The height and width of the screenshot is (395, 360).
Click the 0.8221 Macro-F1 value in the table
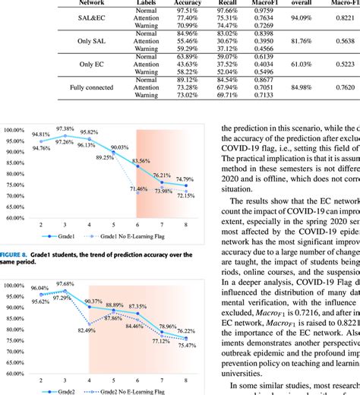point(345,18)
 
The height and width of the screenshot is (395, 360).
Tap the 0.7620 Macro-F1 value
point(345,88)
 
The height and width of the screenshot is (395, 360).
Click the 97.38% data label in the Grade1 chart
point(65,129)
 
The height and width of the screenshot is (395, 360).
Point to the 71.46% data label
point(139,210)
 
